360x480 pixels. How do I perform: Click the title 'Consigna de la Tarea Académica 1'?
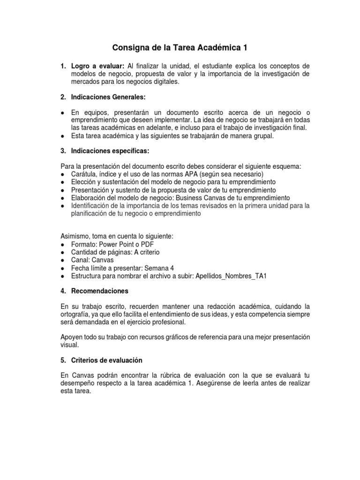pyautogui.click(x=180, y=48)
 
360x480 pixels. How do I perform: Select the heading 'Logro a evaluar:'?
pyautogui.click(x=97, y=66)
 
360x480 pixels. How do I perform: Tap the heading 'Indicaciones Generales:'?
pyautogui.click(x=103, y=97)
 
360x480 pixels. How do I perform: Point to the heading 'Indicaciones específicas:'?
pyautogui.click(x=105, y=151)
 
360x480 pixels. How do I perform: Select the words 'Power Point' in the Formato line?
pyautogui.click(x=115, y=244)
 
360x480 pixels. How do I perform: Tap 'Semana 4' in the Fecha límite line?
pyautogui.click(x=154, y=268)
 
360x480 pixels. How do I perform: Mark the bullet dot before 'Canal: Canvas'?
pyautogui.click(x=63, y=260)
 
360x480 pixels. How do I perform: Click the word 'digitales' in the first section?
pyautogui.click(x=164, y=81)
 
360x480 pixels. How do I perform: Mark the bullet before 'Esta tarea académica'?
pyautogui.click(x=63, y=136)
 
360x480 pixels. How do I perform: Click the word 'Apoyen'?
pyautogui.click(x=73, y=337)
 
